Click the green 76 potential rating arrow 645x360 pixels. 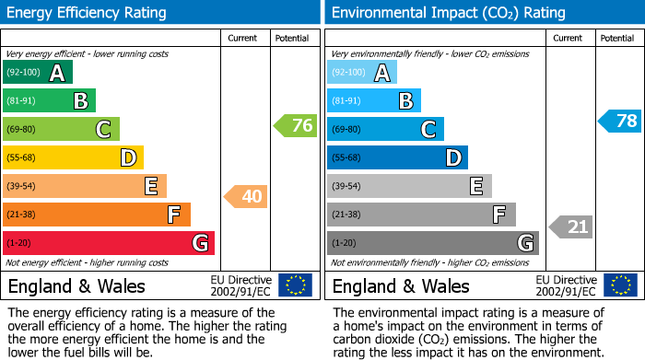tap(296, 126)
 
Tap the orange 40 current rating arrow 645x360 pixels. tap(247, 196)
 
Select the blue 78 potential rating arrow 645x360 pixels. tap(620, 121)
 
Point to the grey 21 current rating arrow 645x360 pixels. tap(571, 226)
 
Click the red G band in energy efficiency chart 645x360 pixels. tap(109, 243)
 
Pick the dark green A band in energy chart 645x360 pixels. tap(38, 73)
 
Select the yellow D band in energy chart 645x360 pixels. tap(74, 158)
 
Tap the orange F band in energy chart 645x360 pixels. tap(97, 215)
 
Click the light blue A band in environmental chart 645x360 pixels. tap(362, 73)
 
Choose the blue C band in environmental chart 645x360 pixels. tap(385, 130)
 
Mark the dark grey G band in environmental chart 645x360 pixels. tap(432, 243)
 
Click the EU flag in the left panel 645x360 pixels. tap(295, 285)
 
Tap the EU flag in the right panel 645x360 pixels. tap(619, 285)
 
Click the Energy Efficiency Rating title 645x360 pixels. tap(88, 13)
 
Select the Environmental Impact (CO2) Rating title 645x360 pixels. tap(448, 13)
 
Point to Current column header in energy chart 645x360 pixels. tap(242, 39)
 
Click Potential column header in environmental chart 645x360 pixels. tap(616, 39)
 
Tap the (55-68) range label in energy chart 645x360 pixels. tap(22, 158)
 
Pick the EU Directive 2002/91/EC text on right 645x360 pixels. tap(565, 285)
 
